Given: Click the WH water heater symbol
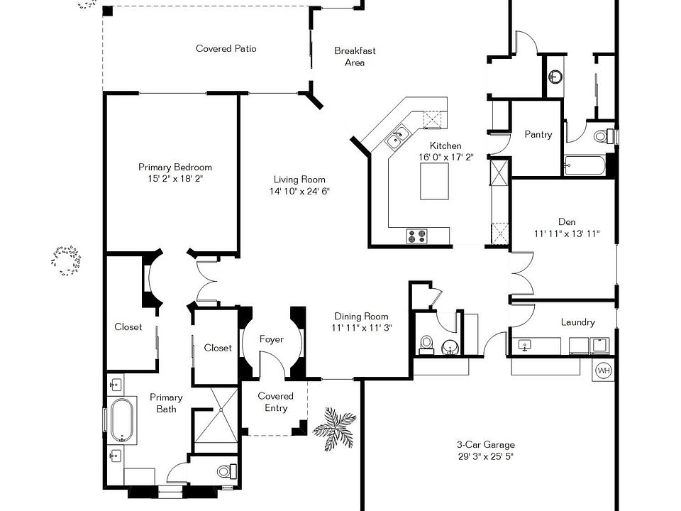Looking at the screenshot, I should [604, 370].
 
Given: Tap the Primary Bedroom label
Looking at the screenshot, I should [175, 167].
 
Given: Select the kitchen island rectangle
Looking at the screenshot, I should [434, 182].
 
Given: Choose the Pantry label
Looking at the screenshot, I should [538, 134].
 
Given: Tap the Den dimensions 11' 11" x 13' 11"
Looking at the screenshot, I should [567, 233].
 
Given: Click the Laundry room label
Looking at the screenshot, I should [577, 322].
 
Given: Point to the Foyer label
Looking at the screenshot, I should [271, 339].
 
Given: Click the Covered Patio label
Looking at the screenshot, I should [226, 49].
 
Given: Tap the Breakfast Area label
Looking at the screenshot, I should [355, 57].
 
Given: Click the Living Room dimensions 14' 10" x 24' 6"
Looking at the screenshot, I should [299, 192].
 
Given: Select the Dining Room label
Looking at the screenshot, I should [362, 317].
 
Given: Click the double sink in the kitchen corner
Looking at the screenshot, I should [397, 136].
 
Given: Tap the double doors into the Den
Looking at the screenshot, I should [521, 275].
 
